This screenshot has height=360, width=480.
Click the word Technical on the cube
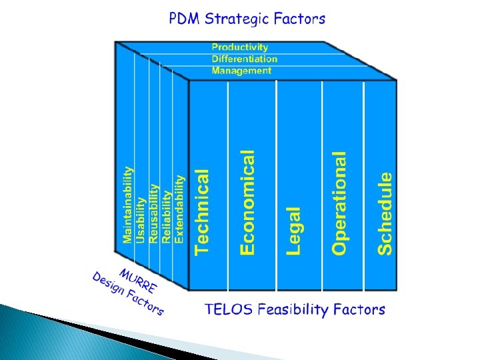(x=202, y=211)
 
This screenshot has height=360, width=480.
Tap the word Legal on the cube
(x=294, y=230)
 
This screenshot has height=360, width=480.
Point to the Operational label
(x=340, y=203)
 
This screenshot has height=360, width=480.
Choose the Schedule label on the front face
(x=385, y=213)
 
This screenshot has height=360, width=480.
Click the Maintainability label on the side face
(x=127, y=205)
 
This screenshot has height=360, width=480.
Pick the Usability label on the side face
(x=140, y=219)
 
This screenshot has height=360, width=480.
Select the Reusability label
(x=153, y=213)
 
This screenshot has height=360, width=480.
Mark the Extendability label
(x=179, y=209)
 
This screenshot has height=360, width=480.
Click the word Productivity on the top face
(x=240, y=47)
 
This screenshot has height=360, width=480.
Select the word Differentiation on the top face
(x=245, y=59)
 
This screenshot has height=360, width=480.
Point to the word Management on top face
(x=241, y=70)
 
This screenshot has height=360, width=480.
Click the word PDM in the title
(x=185, y=19)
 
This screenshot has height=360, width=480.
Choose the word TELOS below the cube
(x=225, y=309)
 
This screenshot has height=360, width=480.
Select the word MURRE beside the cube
(x=138, y=281)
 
